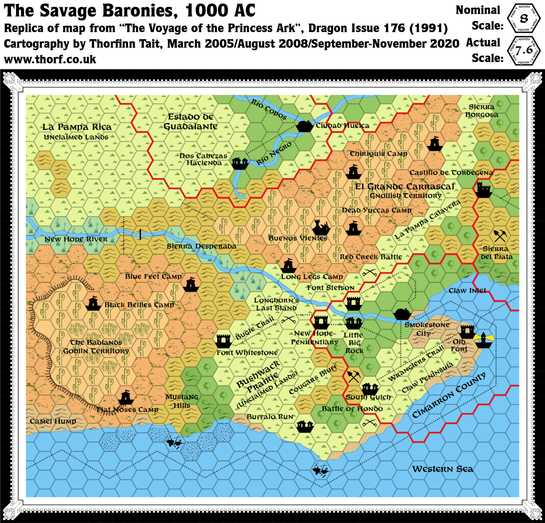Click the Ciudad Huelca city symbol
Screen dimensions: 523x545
click(304, 126)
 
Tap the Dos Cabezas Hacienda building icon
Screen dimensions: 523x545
click(240, 163)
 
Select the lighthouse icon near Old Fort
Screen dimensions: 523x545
click(483, 340)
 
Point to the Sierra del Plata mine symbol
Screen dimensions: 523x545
click(500, 235)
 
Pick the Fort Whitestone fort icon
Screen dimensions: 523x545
click(224, 341)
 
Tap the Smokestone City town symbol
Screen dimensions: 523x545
click(402, 314)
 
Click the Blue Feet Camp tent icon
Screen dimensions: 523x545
click(191, 284)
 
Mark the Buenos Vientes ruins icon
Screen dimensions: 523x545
click(321, 227)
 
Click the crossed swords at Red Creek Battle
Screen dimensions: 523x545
click(369, 273)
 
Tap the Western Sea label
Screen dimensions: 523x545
click(442, 469)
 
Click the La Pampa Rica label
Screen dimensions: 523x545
click(77, 127)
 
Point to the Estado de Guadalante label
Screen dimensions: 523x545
click(191, 121)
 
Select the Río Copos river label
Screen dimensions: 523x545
click(269, 109)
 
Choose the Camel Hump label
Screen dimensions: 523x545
click(53, 421)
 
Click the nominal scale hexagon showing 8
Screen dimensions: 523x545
click(524, 18)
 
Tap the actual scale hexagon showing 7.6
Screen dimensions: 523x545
click(524, 50)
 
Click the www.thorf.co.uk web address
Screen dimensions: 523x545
click(50, 59)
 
